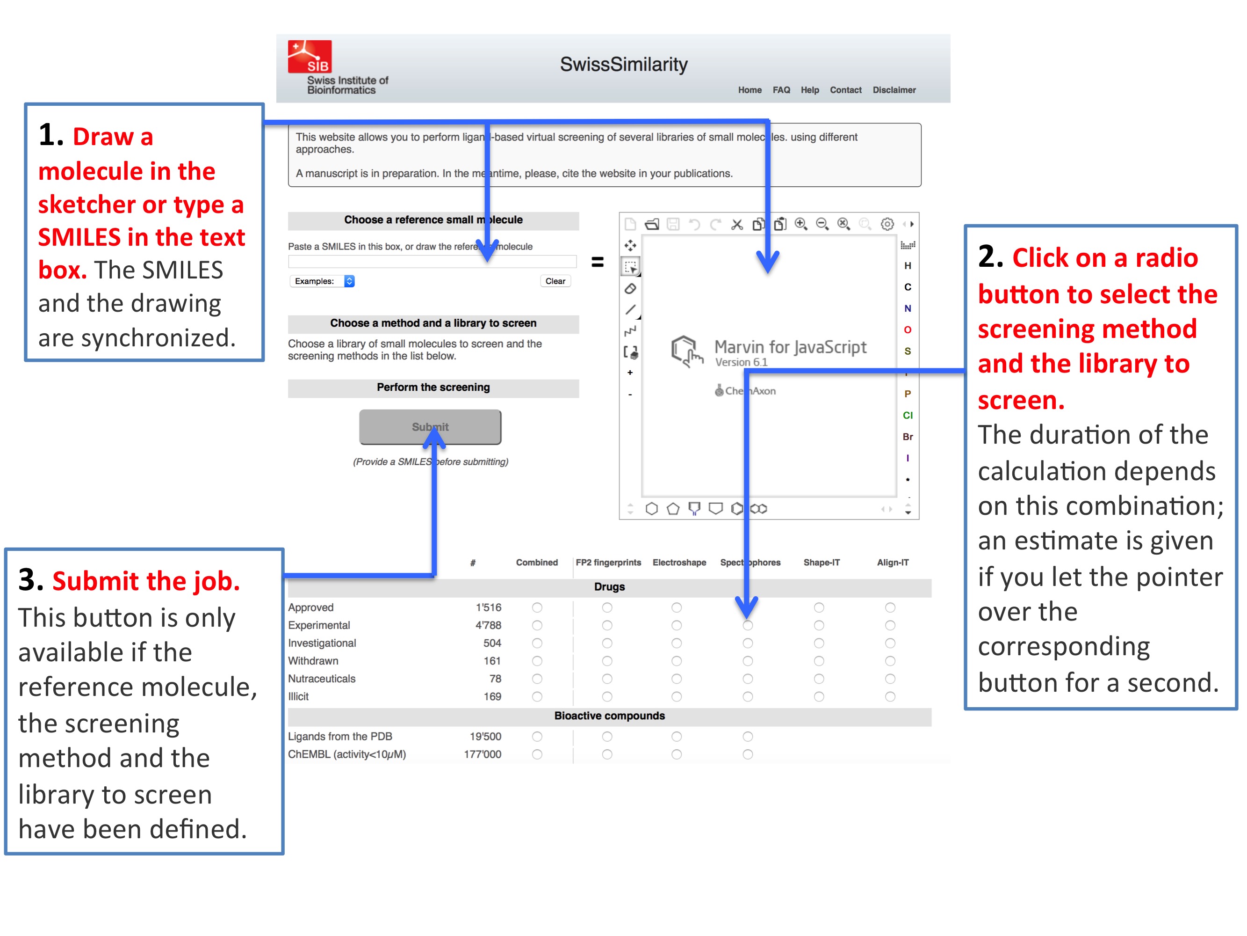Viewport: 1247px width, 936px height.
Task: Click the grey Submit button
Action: click(430, 427)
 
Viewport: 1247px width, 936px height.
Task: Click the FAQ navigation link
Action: click(781, 90)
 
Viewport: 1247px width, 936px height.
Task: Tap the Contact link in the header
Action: click(845, 90)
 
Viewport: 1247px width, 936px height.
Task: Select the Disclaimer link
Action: click(894, 90)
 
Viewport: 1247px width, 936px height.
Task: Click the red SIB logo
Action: click(310, 57)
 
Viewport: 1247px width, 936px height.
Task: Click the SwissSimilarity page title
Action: click(624, 64)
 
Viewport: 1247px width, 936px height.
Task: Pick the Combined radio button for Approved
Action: click(537, 607)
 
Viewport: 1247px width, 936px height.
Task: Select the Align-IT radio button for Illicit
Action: click(890, 697)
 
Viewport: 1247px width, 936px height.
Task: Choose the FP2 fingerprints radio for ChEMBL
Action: click(607, 754)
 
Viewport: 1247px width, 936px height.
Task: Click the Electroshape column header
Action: click(679, 563)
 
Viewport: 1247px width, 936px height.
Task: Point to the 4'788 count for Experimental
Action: click(488, 625)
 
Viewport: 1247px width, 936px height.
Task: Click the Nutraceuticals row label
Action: click(322, 679)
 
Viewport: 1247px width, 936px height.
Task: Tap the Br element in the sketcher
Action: click(908, 437)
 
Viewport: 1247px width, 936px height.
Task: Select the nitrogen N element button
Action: click(908, 308)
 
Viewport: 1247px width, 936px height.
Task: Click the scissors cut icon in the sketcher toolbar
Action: click(737, 225)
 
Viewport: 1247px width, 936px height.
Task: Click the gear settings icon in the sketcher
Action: click(887, 225)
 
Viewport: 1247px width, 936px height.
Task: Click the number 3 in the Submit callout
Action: click(30, 580)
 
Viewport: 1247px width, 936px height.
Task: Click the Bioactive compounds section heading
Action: click(609, 716)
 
